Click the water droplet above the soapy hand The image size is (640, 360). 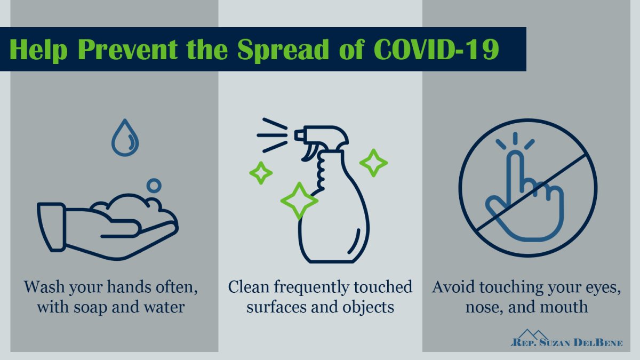125,138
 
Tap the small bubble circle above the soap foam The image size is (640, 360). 154,186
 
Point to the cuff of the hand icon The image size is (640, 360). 51,227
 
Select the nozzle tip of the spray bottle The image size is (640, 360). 299,135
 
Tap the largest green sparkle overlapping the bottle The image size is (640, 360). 299,201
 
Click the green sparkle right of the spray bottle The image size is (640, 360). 373,163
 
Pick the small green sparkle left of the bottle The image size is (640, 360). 261,173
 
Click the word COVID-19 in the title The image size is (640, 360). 436,49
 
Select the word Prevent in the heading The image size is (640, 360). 127,49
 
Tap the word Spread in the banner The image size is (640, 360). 283,49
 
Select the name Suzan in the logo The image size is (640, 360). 554,343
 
